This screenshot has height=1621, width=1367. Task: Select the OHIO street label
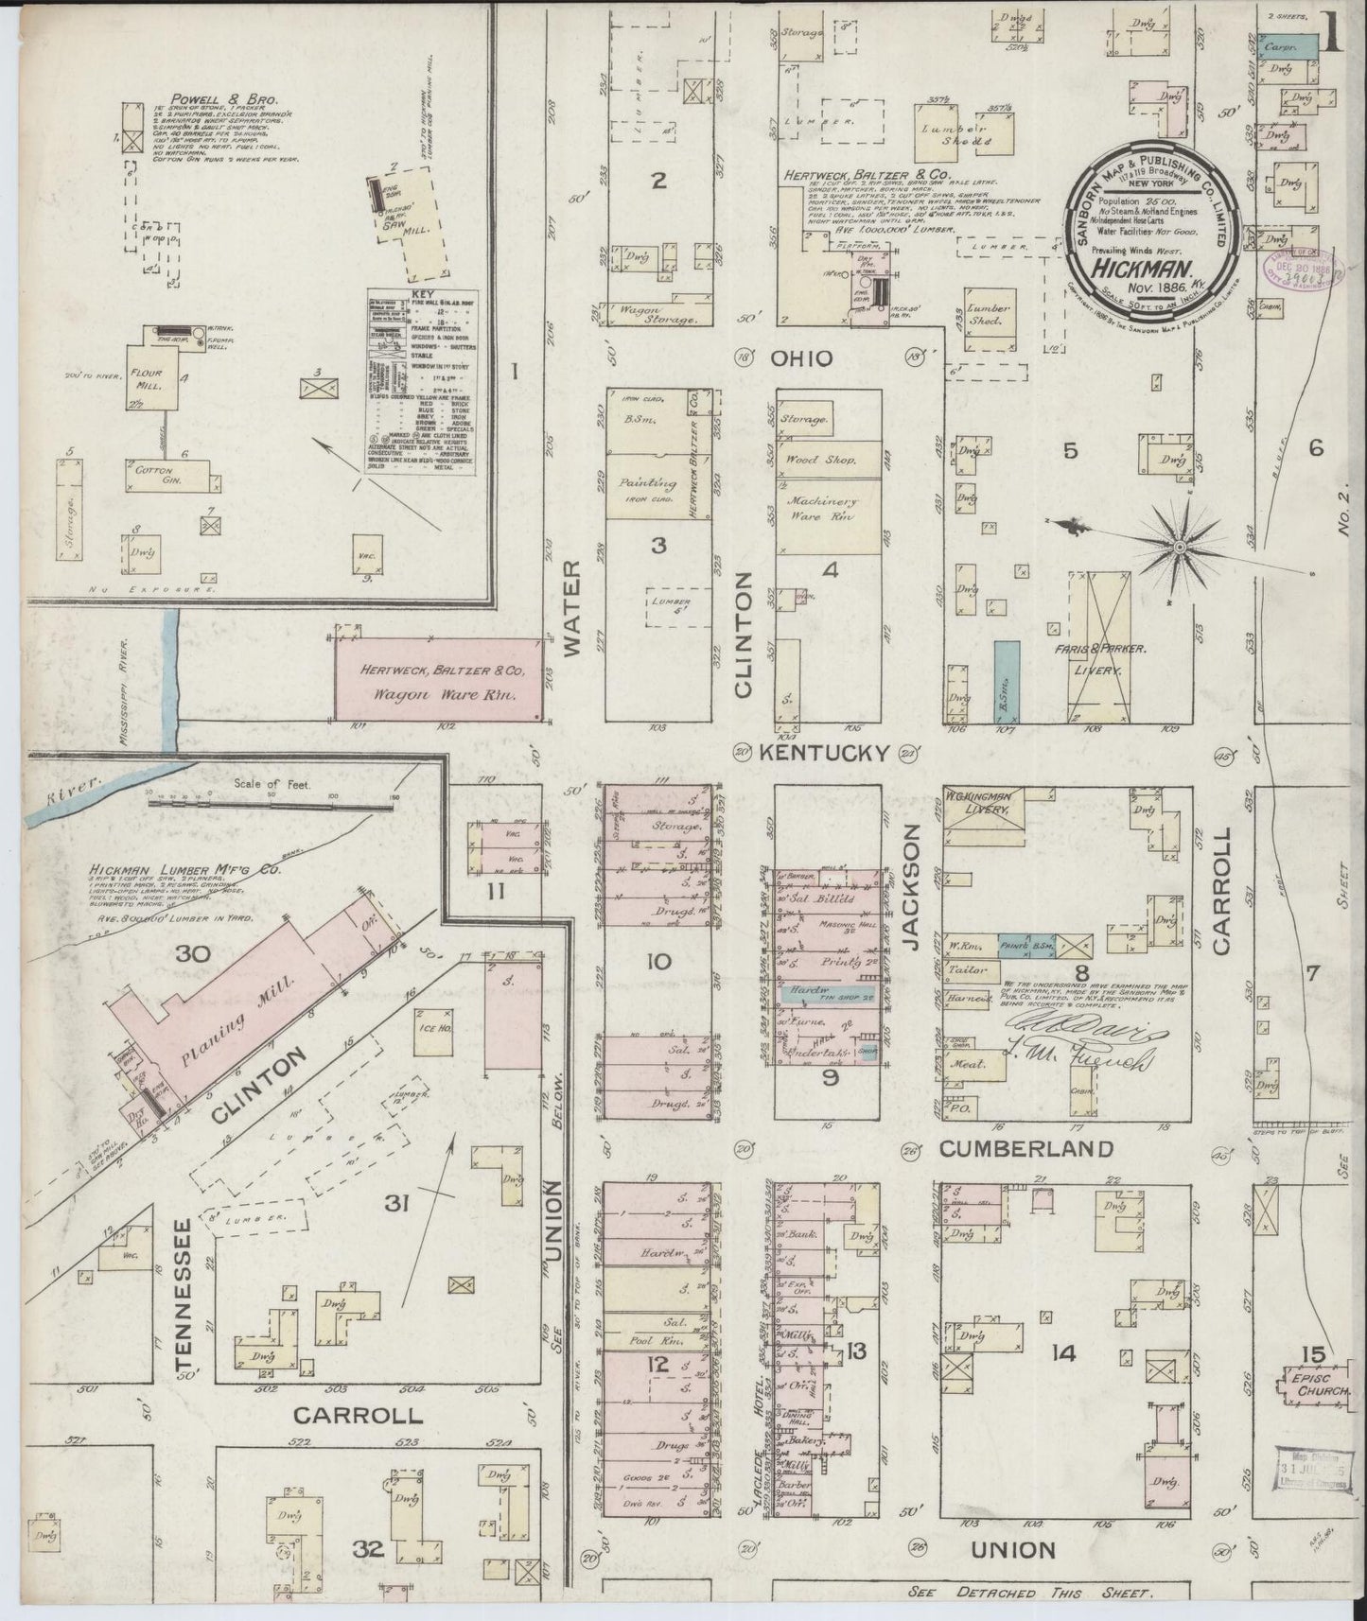coord(800,358)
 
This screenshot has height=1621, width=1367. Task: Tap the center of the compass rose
coord(1182,548)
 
